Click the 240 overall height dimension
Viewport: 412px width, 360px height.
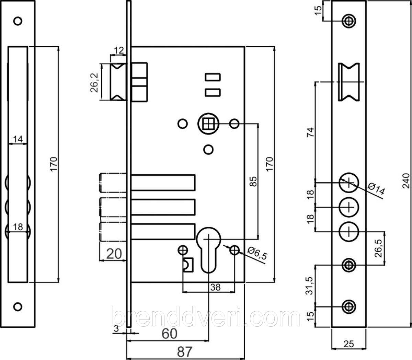click(x=406, y=181)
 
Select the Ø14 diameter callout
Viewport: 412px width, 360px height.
click(x=376, y=188)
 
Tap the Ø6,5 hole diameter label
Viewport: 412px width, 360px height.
click(x=258, y=254)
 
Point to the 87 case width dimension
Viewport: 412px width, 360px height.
click(x=185, y=351)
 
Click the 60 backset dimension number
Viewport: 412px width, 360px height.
click(x=170, y=334)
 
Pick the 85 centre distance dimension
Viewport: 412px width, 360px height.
click(x=254, y=181)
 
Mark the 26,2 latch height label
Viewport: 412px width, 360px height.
click(x=94, y=83)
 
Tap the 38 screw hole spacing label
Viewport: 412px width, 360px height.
click(x=215, y=287)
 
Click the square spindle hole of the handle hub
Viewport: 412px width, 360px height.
click(x=208, y=124)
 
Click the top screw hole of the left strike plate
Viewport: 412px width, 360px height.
click(x=18, y=21)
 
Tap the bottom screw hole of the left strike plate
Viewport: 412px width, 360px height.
click(x=18, y=306)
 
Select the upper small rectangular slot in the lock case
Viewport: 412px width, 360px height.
click(x=213, y=77)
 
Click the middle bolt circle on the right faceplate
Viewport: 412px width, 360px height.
click(x=349, y=207)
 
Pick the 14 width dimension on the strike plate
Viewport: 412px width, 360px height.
click(x=18, y=139)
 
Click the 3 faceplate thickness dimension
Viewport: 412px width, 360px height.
click(x=116, y=329)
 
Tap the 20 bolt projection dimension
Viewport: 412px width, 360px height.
click(x=114, y=254)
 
